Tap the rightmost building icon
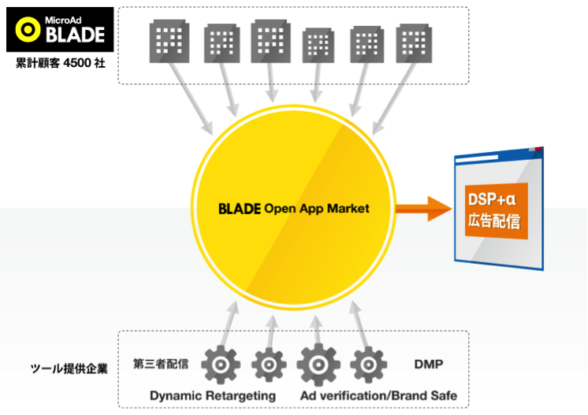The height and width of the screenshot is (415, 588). [x=413, y=42]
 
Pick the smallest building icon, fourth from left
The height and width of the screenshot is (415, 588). [x=318, y=46]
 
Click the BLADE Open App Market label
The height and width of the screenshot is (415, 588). [x=293, y=209]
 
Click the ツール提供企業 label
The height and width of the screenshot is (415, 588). [x=69, y=368]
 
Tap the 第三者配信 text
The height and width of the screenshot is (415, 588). [x=161, y=364]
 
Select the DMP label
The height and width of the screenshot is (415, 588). [x=428, y=364]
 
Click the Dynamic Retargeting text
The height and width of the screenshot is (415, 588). [x=213, y=395]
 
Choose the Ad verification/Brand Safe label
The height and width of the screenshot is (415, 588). [x=378, y=395]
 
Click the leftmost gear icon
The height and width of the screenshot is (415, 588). [x=221, y=365]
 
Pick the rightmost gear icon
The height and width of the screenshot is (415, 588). [x=368, y=365]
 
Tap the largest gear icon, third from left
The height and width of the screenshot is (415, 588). [x=318, y=365]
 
